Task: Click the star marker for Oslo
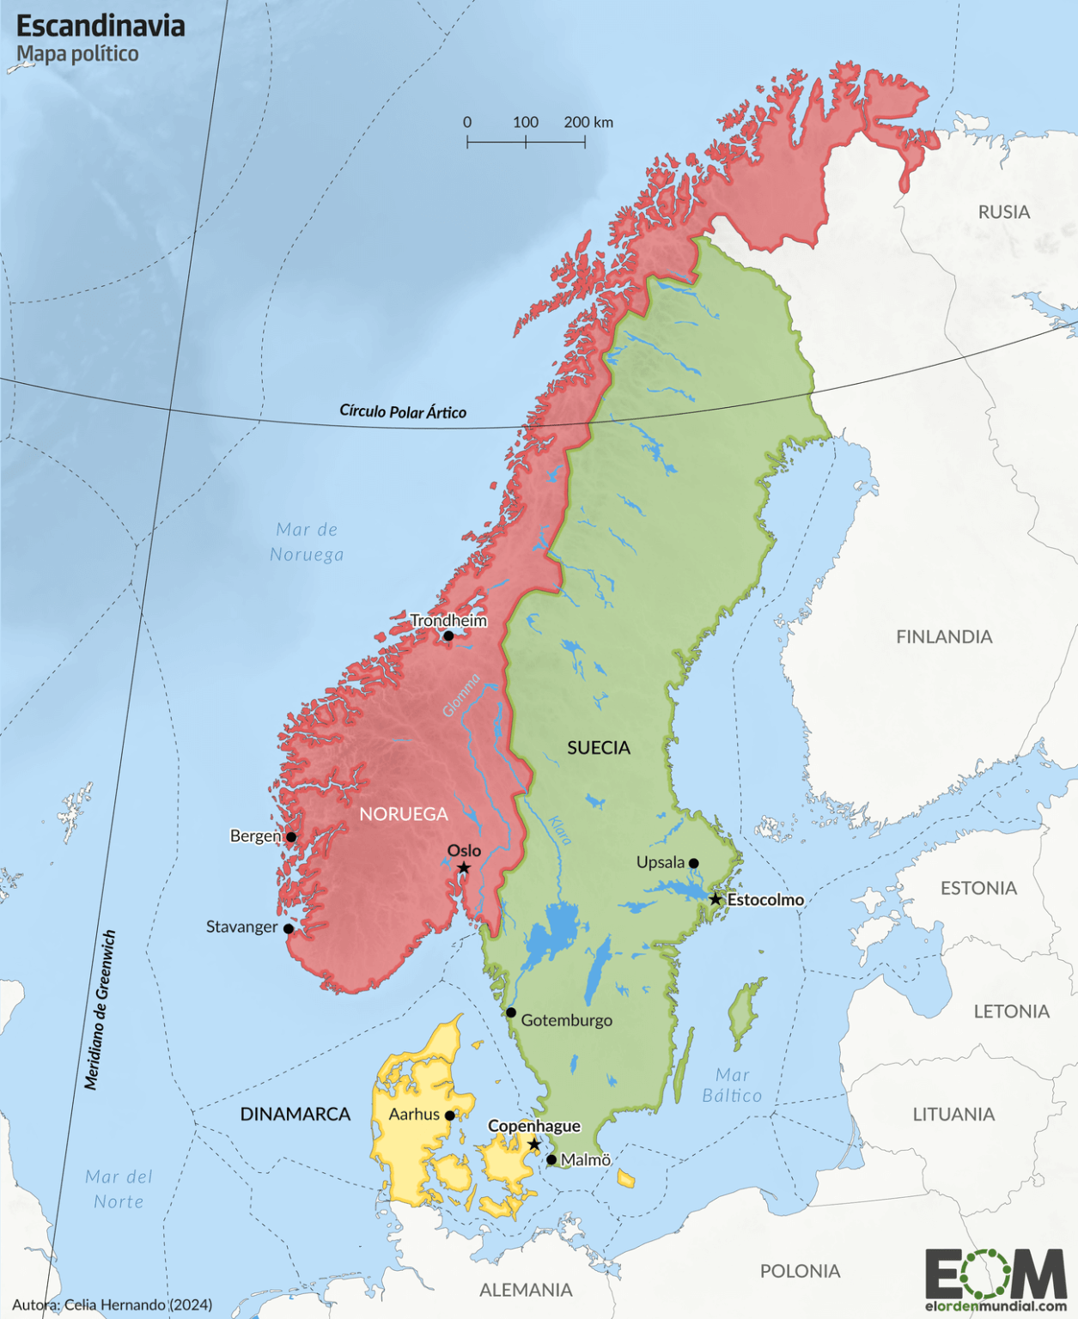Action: tap(464, 868)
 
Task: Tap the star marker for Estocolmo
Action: tap(715, 899)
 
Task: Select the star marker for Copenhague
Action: tap(534, 1145)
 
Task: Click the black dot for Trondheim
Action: tap(448, 636)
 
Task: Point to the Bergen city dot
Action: tap(291, 837)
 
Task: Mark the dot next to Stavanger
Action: tap(289, 929)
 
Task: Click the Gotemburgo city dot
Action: tap(511, 1013)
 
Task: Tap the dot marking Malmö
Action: tap(551, 1160)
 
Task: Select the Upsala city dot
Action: tap(694, 864)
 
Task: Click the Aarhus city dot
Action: tap(450, 1115)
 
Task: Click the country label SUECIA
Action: tap(599, 748)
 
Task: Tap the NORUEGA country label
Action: tap(404, 814)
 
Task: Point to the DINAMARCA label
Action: tap(295, 1115)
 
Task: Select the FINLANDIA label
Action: tap(944, 637)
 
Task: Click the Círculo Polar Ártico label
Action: tap(403, 412)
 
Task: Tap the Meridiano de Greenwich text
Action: tap(100, 1010)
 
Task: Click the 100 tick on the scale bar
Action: tap(526, 141)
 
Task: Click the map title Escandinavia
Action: tap(100, 26)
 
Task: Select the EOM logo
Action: tap(996, 1273)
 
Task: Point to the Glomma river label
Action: tap(461, 696)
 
